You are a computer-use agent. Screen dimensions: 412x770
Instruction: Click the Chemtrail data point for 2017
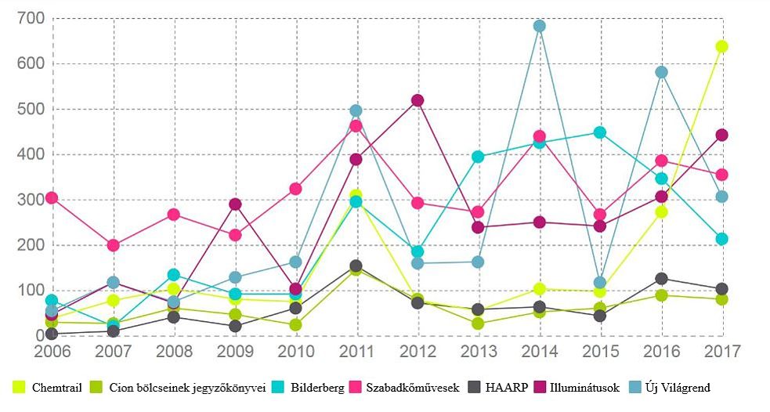[721, 47]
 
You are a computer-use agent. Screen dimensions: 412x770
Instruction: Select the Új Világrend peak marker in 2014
[539, 26]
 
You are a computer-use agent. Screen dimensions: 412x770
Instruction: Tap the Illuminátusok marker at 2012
[418, 100]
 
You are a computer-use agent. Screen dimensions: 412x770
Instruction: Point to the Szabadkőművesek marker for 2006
[52, 198]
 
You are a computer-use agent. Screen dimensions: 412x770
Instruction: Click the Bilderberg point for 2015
[600, 132]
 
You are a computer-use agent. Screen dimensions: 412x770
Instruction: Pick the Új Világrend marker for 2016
[661, 72]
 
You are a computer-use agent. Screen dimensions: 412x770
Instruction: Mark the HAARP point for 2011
[356, 266]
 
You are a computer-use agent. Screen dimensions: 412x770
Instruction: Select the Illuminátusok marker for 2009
[234, 204]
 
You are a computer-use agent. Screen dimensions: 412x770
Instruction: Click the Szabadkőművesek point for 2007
[113, 245]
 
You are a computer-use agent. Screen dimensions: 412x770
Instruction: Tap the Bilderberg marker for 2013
[478, 157]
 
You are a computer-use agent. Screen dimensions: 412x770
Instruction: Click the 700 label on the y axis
[30, 19]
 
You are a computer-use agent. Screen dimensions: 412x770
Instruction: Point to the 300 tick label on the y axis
[30, 200]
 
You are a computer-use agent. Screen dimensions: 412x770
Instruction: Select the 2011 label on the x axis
[356, 351]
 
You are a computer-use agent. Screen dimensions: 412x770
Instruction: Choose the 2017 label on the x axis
[721, 351]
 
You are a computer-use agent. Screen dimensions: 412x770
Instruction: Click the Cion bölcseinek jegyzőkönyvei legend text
[187, 387]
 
